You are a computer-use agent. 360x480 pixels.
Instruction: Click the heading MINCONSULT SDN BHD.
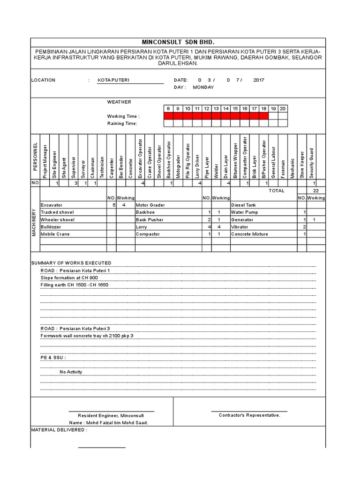[178, 42]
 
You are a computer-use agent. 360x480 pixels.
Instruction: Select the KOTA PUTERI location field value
[113, 80]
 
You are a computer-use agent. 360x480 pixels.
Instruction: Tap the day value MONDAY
[203, 87]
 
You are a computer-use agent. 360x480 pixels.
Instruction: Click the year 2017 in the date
[259, 80]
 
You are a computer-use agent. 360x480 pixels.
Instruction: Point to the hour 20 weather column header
[282, 108]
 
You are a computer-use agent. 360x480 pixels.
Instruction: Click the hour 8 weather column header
[168, 108]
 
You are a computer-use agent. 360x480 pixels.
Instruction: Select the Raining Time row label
[122, 123]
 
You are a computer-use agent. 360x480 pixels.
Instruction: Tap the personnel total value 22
[315, 191]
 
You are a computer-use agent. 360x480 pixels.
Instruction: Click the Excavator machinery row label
[52, 205]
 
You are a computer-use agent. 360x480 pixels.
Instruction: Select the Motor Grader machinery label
[149, 205]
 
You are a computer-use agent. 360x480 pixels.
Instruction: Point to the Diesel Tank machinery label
[244, 205]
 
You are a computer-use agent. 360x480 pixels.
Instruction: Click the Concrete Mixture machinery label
[250, 234]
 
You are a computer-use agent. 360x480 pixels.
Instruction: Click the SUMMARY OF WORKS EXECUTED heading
[71, 263]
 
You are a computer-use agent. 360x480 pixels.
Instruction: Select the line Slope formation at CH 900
[69, 278]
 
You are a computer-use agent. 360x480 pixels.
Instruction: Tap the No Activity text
[71, 372]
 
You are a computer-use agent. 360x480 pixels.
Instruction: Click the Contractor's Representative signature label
[249, 415]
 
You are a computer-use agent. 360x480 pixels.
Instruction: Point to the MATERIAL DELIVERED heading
[59, 429]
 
